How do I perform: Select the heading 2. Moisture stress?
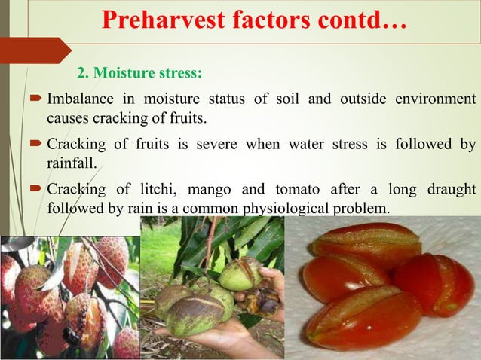pos(139,74)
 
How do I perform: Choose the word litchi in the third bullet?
pos(155,188)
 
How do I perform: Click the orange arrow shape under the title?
pos(34,50)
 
